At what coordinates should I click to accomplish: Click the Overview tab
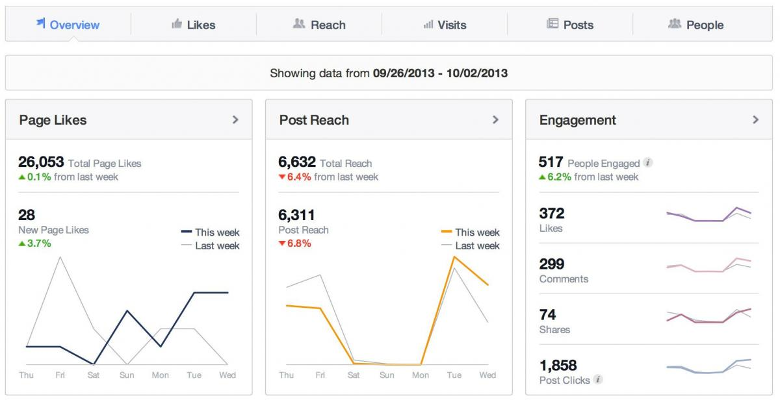point(68,25)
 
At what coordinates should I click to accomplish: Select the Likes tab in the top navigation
point(194,25)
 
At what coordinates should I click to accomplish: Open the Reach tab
point(319,25)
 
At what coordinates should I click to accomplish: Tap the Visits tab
point(445,25)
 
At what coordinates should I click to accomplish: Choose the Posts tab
point(570,25)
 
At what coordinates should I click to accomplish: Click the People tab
point(696,25)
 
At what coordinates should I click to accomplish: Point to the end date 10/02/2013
point(478,73)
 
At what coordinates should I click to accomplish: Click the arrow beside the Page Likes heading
point(235,119)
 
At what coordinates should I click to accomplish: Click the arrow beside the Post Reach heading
point(495,119)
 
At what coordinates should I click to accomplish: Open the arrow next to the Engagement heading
point(755,119)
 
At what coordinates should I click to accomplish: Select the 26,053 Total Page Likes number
point(41,162)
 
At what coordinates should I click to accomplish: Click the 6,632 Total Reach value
point(297,162)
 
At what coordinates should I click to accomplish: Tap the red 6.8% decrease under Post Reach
point(295,244)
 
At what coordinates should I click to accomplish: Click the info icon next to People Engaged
point(648,163)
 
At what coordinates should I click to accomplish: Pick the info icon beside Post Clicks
point(598,380)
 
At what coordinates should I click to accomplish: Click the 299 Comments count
point(552,264)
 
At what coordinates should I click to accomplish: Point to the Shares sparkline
point(708,316)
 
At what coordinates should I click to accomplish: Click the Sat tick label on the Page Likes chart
point(94,375)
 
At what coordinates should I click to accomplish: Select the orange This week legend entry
point(471,232)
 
